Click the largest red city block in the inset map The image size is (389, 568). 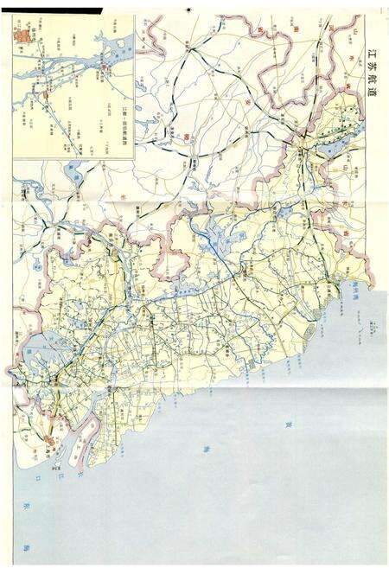25,35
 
